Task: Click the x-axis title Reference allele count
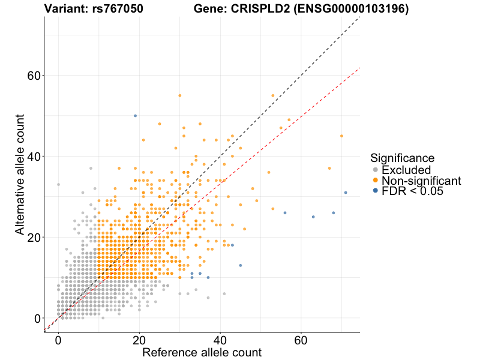[202, 352]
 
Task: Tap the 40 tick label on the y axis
[34, 157]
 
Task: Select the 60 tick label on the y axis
[34, 76]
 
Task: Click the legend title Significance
[402, 158]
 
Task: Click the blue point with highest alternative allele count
[135, 116]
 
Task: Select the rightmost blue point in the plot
[346, 193]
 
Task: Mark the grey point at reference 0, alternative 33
[58, 184]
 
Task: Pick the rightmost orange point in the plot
[341, 136]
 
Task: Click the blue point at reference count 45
[241, 265]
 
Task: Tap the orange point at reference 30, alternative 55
[179, 95]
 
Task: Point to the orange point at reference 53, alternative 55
[272, 95]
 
